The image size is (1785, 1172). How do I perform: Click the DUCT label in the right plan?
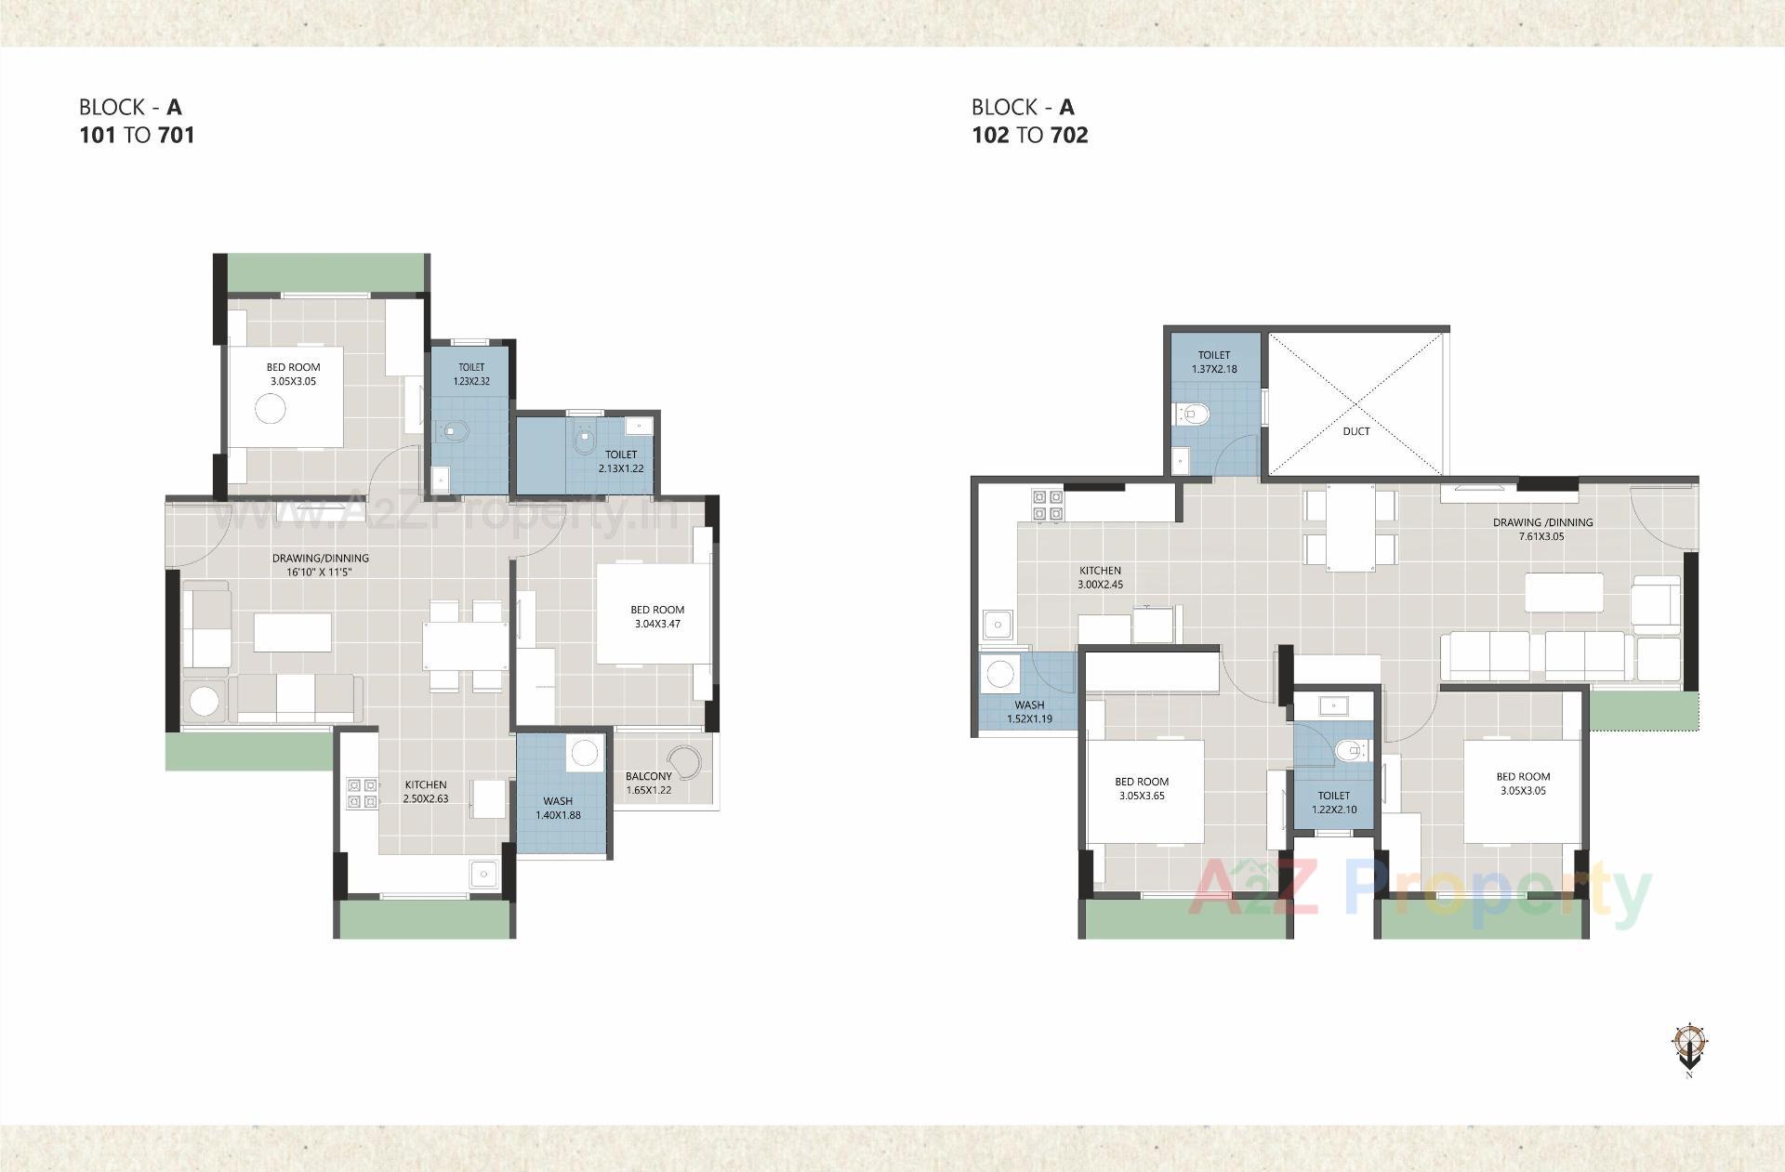1355,431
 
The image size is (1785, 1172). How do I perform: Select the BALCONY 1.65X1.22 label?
648,783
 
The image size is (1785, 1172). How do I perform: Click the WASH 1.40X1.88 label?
558,808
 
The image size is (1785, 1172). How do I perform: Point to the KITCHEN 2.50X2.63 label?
425,791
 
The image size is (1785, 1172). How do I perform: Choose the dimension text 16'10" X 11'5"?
320,573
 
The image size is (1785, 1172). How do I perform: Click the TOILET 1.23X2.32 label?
471,374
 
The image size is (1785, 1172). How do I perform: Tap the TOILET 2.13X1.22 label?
621,461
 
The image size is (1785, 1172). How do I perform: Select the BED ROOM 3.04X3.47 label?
657,616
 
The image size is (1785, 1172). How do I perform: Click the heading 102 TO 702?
1029,135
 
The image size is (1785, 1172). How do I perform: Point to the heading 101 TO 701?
137,135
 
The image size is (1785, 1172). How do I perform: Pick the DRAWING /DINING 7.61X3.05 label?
1542,529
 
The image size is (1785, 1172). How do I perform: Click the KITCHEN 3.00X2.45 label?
1100,577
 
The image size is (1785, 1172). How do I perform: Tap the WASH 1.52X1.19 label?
1029,711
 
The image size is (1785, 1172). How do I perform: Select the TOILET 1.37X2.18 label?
1213,362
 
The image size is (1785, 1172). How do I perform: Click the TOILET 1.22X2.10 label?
1333,802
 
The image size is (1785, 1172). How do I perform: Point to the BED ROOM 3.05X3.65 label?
1142,788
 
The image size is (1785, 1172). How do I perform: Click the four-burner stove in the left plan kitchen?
362,792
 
